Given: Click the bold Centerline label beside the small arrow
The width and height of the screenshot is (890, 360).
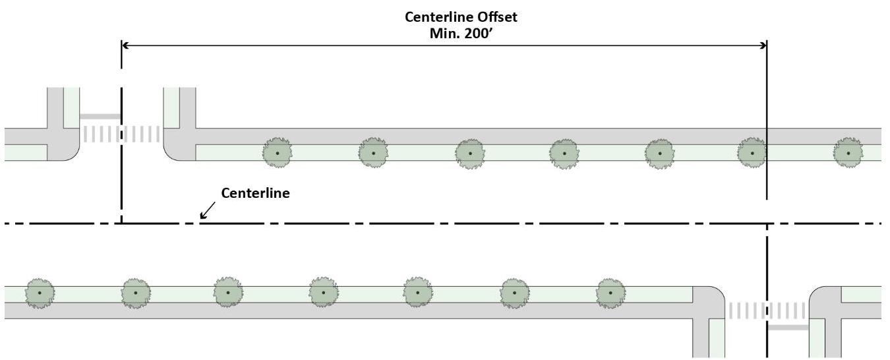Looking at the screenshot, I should [x=255, y=194].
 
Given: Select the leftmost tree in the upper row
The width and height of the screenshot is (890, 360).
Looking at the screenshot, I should [x=278, y=153].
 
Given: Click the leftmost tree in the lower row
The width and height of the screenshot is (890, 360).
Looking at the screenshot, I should [x=40, y=292].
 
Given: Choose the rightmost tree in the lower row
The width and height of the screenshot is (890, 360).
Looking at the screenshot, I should [x=610, y=292].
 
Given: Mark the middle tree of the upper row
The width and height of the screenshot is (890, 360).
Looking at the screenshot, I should [x=564, y=153].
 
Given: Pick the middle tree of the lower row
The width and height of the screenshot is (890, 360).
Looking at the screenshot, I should [x=323, y=292].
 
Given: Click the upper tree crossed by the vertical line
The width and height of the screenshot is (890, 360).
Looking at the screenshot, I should [x=752, y=153].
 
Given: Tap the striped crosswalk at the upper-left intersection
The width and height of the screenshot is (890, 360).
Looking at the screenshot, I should [x=121, y=134].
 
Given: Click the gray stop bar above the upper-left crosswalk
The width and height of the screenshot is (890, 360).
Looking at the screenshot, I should [x=100, y=117].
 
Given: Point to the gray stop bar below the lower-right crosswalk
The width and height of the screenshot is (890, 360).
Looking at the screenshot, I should [x=788, y=327].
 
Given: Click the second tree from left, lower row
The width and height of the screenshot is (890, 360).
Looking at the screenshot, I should [x=135, y=292].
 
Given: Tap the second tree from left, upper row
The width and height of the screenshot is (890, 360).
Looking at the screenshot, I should [x=373, y=153].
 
